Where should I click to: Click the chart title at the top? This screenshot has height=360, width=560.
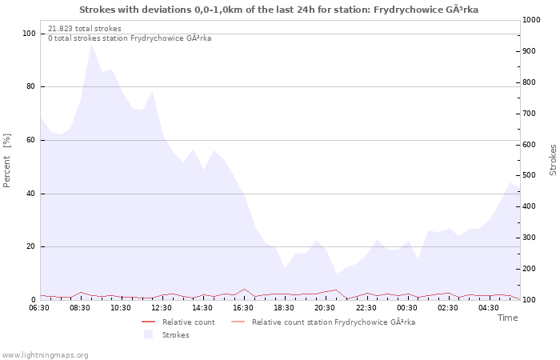click(278, 10)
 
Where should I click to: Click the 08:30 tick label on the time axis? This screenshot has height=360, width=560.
click(80, 308)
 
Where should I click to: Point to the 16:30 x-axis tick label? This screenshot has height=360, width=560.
click(243, 308)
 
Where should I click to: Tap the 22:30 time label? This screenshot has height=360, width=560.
click(366, 308)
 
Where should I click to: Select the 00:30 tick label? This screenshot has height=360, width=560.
click(406, 308)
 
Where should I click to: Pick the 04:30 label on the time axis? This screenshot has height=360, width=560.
click(489, 308)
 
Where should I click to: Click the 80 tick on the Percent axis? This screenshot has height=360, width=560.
click(30, 86)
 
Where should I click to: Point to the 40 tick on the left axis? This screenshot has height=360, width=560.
click(30, 194)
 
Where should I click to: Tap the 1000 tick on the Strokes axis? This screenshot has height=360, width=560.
click(531, 20)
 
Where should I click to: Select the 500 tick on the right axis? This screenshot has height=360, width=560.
click(529, 175)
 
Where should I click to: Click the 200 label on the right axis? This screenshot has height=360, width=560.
click(529, 269)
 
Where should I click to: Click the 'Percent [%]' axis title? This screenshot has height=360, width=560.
click(6, 160)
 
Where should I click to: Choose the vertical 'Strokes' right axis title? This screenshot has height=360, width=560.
click(553, 160)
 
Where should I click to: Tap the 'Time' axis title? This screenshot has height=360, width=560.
click(507, 318)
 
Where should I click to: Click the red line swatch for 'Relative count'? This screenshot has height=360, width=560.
click(149, 322)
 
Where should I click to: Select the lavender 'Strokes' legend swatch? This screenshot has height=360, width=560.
click(148, 334)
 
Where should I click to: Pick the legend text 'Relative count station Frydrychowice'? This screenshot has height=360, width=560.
click(320, 322)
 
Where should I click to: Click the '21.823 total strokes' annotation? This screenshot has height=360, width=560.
click(85, 29)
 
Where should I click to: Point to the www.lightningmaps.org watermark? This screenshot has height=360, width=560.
click(44, 355)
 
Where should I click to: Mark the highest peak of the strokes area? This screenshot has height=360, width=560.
click(92, 43)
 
